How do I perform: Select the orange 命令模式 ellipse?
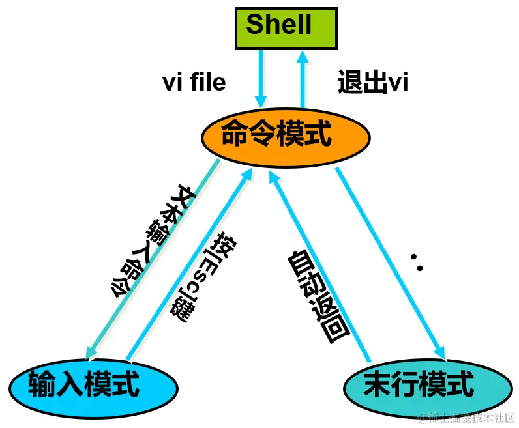(x=286, y=136)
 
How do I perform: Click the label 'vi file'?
(x=194, y=82)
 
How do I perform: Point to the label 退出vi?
(x=372, y=83)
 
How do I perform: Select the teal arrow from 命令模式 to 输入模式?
(x=150, y=261)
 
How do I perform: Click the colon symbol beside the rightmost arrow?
(x=417, y=263)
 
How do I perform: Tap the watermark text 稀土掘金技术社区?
(x=470, y=416)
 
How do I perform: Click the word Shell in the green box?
(x=279, y=25)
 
